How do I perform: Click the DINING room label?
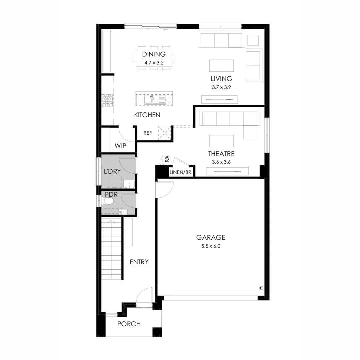coord(154,55)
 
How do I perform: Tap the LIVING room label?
coord(221,79)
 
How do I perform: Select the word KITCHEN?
coord(147,115)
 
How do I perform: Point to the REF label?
coord(147,133)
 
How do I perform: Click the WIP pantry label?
coord(120,146)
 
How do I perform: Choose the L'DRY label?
coord(112,172)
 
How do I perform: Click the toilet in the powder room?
coord(108,201)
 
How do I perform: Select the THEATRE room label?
coord(221,154)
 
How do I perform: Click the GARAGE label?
coord(211,238)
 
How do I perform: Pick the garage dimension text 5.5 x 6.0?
coord(211,247)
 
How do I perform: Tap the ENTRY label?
coord(139,262)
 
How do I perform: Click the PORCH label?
coord(129,324)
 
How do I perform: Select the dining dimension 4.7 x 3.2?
coord(154,62)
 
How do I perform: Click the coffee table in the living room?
coord(221,65)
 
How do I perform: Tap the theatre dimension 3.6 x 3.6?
coord(221,162)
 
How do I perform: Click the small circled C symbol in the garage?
coord(261,288)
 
